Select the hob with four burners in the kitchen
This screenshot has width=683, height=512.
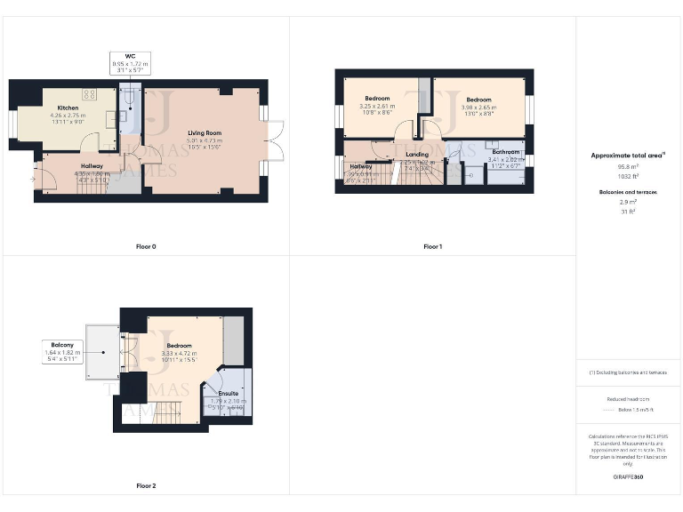point(90,92)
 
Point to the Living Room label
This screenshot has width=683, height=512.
point(205,132)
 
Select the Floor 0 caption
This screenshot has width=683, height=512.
point(146,246)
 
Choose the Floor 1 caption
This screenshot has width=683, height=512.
point(432,246)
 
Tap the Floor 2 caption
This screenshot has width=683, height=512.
point(146,486)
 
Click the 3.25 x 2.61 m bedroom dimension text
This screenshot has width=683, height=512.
point(379,107)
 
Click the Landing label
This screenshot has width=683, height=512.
point(417,154)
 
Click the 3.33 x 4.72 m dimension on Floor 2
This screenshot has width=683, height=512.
point(179,353)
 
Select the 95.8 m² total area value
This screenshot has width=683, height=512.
point(628,165)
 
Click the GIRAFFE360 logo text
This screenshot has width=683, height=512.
point(628,477)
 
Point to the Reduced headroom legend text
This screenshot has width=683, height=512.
point(628,400)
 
